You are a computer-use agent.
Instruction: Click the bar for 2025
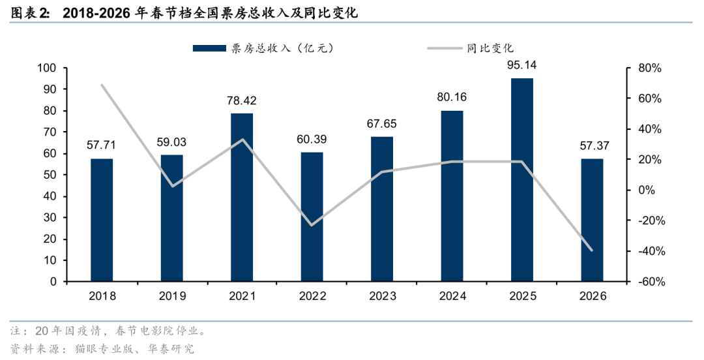[522, 180]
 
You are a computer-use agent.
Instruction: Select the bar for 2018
[102, 220]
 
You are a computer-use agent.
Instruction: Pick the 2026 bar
[592, 220]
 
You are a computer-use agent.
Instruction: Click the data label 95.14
[522, 65]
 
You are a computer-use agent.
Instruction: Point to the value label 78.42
[242, 100]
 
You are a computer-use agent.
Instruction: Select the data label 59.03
[172, 142]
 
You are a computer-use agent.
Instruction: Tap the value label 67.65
[382, 123]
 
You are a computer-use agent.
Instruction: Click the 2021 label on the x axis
[242, 296]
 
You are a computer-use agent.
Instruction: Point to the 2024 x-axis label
[452, 296]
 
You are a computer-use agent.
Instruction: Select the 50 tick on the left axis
[51, 175]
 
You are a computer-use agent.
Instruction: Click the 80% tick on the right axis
[650, 68]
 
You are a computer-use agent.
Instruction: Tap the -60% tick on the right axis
[651, 282]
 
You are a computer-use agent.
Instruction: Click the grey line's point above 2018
[102, 85]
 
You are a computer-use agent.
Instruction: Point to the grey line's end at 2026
[592, 250]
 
